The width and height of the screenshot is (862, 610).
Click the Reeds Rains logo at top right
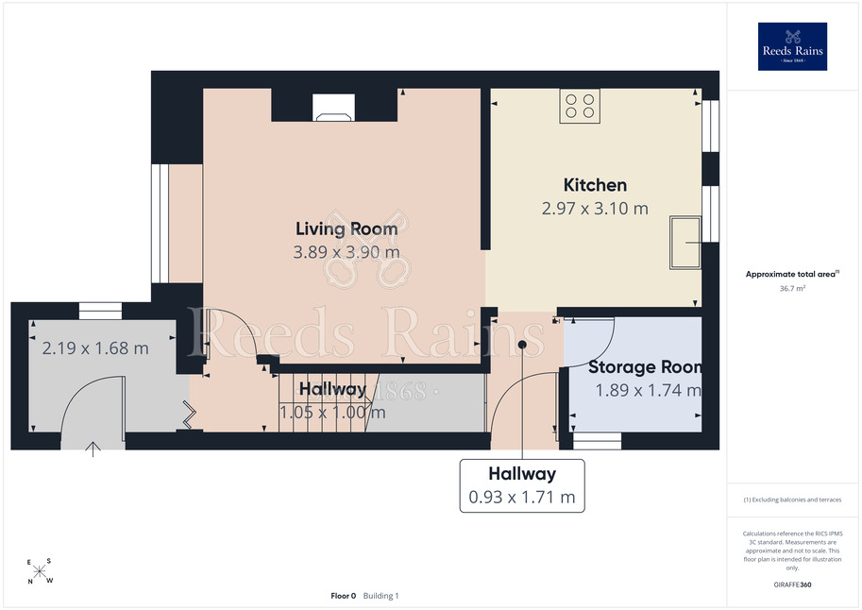[792, 46]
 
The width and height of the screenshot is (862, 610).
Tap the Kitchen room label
[595, 185]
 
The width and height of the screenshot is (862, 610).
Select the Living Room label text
[346, 229]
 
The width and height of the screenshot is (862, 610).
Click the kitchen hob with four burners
[580, 106]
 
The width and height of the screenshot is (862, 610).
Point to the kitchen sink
[685, 243]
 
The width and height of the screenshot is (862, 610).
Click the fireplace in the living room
[333, 108]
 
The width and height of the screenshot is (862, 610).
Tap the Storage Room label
[645, 367]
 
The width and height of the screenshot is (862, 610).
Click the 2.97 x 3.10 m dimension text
[595, 209]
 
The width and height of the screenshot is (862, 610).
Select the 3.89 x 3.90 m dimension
[346, 252]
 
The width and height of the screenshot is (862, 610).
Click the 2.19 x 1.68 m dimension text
[95, 348]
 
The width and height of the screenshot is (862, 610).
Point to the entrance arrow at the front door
[93, 449]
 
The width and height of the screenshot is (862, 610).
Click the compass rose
[40, 571]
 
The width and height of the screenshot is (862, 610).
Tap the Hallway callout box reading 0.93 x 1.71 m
[522, 485]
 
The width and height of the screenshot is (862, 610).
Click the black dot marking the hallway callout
[522, 345]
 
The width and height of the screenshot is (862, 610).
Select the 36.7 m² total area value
[792, 288]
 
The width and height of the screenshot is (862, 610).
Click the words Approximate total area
[790, 274]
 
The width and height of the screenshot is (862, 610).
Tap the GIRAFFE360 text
[792, 585]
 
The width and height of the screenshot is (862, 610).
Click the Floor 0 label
[343, 596]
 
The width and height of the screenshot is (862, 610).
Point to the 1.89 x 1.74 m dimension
[649, 390]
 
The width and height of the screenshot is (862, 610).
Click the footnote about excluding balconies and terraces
[792, 500]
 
